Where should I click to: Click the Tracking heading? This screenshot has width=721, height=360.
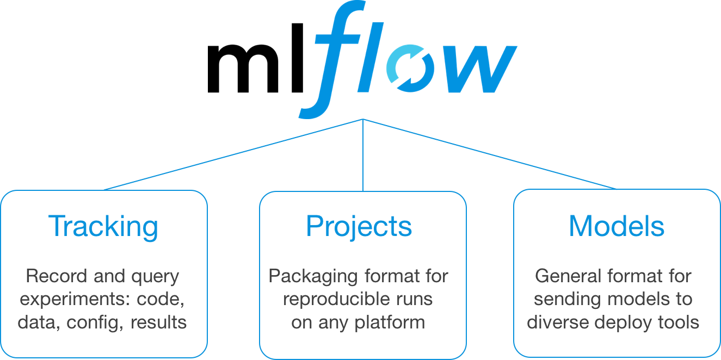(x=103, y=226)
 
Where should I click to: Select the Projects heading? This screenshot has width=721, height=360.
(x=359, y=226)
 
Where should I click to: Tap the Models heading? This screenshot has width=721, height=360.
(x=617, y=226)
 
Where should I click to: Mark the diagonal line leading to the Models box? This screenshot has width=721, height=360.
(x=490, y=154)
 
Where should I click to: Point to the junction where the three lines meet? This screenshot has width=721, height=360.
(x=363, y=119)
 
